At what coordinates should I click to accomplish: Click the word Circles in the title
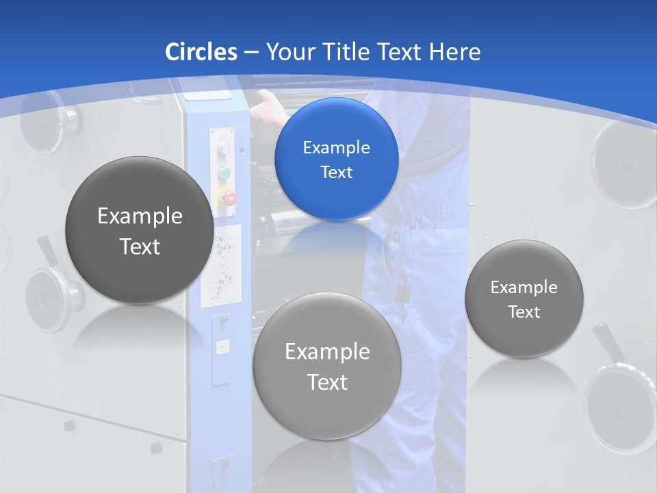[x=201, y=52]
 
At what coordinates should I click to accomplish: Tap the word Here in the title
[x=454, y=52]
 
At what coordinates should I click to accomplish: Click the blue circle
[x=336, y=160]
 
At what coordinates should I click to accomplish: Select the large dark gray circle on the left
[x=140, y=230]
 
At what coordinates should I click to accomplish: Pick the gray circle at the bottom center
[x=326, y=366]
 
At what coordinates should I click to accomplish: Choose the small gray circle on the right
[x=524, y=299]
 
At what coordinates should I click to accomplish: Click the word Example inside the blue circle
[x=336, y=148]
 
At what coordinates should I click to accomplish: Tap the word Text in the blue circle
[x=336, y=173]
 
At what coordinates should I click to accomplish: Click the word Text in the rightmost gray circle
[x=524, y=312]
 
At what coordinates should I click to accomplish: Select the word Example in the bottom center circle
[x=327, y=352]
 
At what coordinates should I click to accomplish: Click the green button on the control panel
[x=224, y=173]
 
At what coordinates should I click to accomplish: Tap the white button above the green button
[x=224, y=149]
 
